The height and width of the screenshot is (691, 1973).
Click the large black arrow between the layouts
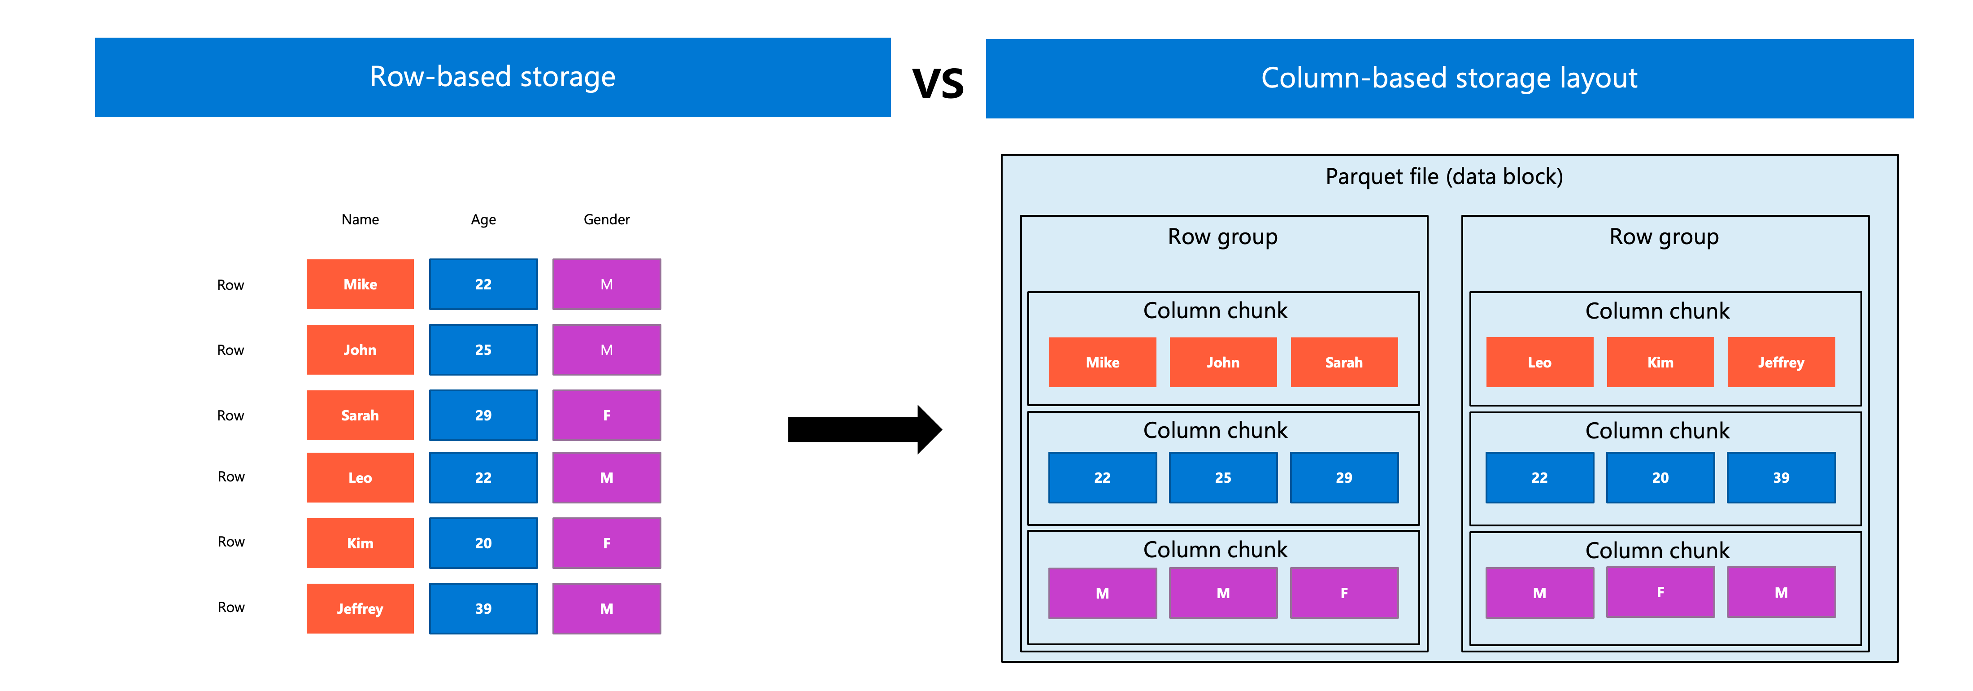tap(865, 430)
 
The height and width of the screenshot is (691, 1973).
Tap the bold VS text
tap(938, 83)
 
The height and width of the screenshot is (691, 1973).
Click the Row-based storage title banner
tap(492, 77)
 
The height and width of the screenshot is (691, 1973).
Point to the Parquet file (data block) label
tap(1444, 177)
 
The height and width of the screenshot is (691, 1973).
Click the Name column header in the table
tap(360, 220)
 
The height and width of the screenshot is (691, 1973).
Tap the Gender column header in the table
tap(607, 220)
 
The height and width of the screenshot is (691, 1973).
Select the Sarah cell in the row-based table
tap(360, 415)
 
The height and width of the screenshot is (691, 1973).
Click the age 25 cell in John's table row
tap(483, 350)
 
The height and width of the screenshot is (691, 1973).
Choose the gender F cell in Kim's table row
tap(607, 543)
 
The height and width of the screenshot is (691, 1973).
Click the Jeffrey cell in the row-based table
tap(360, 609)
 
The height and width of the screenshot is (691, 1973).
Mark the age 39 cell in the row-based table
tap(483, 609)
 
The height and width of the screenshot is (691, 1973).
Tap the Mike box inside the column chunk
tap(1102, 363)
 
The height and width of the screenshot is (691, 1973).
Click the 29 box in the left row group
tap(1344, 477)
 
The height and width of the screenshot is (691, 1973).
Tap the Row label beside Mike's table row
tap(230, 285)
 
